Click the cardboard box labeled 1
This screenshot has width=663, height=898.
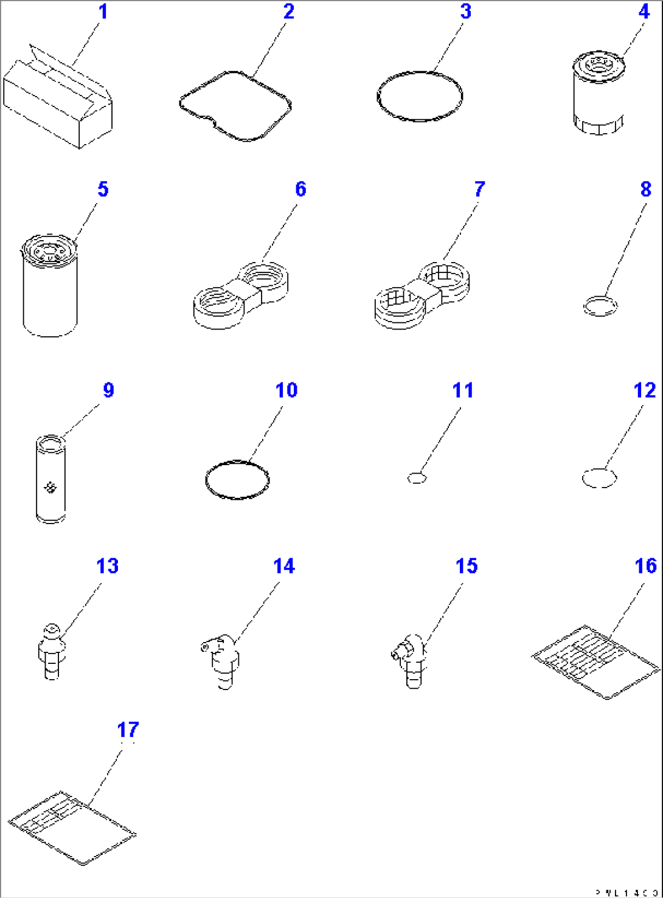tap(57, 100)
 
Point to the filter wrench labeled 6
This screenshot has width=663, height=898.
tap(240, 295)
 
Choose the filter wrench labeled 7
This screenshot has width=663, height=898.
tap(422, 295)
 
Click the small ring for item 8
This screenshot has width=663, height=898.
tap(600, 305)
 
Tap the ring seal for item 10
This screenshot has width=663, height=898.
tap(237, 480)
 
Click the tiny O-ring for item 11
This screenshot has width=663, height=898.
tap(417, 478)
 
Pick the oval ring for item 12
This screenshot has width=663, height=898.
tap(599, 478)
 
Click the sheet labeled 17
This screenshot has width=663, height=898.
tap(72, 827)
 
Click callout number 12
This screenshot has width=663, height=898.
tap(644, 390)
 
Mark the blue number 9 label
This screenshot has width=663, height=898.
tap(108, 390)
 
